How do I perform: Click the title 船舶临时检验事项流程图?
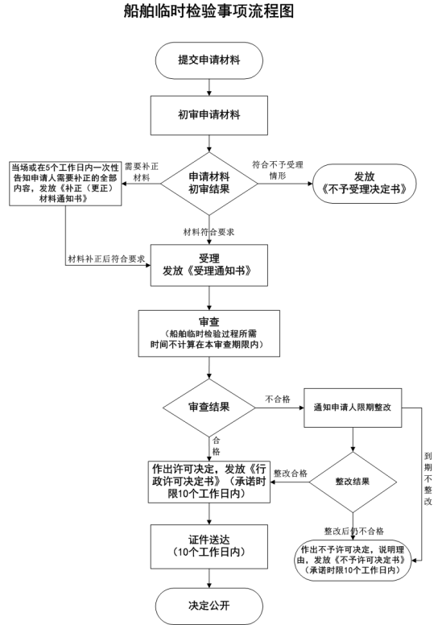[209, 10]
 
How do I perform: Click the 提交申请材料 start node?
[209, 60]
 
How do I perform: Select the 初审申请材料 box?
[209, 115]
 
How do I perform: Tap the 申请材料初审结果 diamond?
[209, 184]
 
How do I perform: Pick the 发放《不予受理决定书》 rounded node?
[364, 184]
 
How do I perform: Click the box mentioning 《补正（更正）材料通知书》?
[65, 184]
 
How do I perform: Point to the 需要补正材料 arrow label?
[142, 172]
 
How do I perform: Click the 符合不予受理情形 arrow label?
[278, 170]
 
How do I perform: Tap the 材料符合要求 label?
[209, 232]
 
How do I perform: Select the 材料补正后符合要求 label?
[106, 259]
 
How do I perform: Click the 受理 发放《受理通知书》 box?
[209, 265]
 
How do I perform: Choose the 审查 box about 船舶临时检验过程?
[209, 333]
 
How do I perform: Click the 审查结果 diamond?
[209, 408]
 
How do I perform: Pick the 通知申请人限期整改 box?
[353, 408]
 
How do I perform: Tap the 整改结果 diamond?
[353, 482]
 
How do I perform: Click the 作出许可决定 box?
[209, 482]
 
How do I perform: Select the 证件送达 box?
[209, 547]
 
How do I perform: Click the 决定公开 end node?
[209, 606]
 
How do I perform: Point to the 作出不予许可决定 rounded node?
[353, 560]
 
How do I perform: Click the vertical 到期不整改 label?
[428, 478]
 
